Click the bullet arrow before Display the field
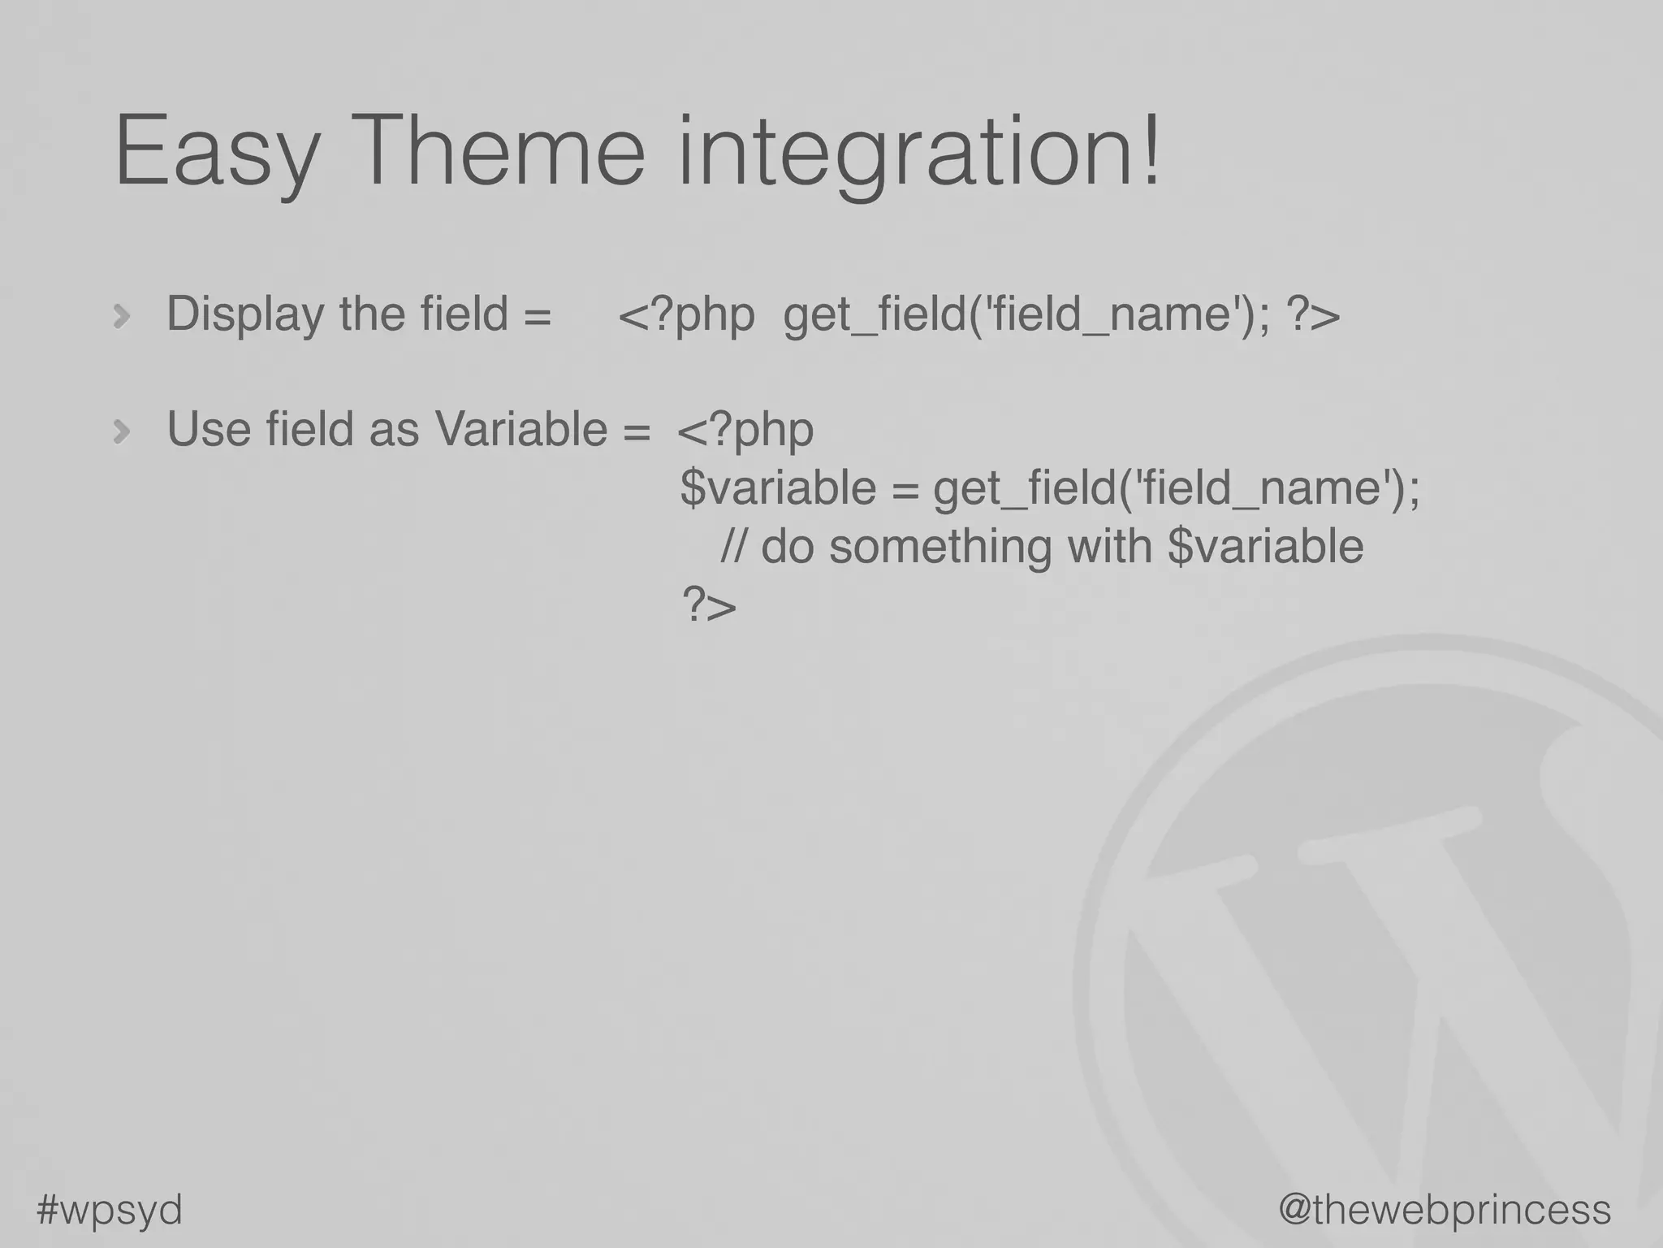[x=122, y=316]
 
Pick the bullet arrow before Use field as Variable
[x=122, y=431]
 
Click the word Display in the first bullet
[x=245, y=315]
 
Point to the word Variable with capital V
[x=520, y=429]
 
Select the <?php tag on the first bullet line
[x=686, y=315]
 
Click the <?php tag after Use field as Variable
[x=745, y=431]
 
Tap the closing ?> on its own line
[x=708, y=605]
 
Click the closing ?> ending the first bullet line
[x=1313, y=315]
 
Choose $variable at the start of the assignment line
[x=777, y=488]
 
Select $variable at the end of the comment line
[x=1264, y=546]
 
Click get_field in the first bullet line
[x=874, y=315]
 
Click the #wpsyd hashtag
[x=110, y=1210]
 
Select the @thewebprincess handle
[x=1445, y=1210]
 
